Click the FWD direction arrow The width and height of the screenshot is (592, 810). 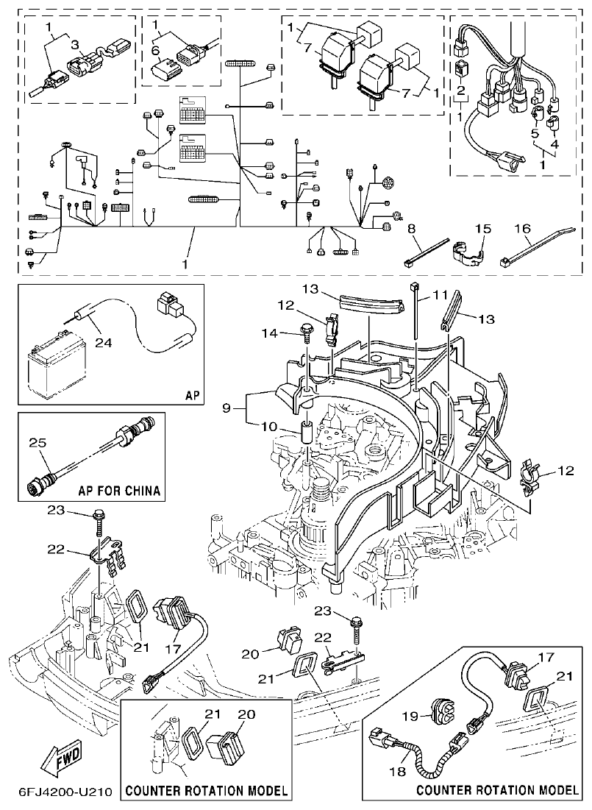click(65, 759)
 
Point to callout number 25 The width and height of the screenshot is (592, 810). click(38, 443)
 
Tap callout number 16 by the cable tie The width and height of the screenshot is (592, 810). click(522, 230)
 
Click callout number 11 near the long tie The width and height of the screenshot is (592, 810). click(440, 295)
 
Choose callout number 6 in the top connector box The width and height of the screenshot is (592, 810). click(156, 51)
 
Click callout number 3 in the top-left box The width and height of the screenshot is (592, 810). click(74, 44)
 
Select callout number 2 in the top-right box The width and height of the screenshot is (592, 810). click(461, 91)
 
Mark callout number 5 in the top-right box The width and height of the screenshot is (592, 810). click(535, 133)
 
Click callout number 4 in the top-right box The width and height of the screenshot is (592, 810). click(554, 143)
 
